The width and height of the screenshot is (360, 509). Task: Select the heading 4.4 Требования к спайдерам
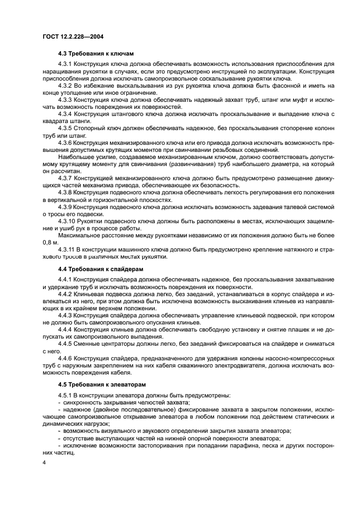pyautogui.click(x=101, y=269)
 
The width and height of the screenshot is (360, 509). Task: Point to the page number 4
pyautogui.click(x=44, y=462)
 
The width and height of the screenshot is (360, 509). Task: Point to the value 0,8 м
pyautogui.click(x=51, y=242)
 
